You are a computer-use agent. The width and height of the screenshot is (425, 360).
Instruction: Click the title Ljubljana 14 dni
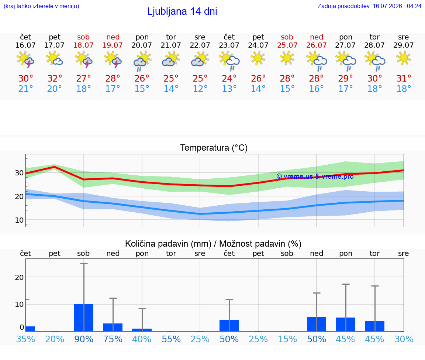(182, 11)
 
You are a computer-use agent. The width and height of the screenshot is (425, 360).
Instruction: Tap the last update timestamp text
(369, 6)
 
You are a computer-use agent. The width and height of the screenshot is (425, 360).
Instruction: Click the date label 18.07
(83, 45)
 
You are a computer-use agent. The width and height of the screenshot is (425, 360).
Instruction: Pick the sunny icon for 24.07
(258, 58)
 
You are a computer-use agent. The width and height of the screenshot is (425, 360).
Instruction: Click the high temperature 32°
(55, 78)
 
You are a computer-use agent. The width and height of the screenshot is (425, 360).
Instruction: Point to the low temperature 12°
(200, 89)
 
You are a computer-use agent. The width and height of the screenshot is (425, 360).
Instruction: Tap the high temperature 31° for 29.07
(404, 78)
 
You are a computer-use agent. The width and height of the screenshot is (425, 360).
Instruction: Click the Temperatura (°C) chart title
(214, 148)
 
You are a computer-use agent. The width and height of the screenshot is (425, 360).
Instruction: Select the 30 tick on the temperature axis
(19, 173)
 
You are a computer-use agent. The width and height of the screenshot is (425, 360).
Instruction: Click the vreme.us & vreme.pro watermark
(315, 176)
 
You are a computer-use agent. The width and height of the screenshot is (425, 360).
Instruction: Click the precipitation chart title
(213, 244)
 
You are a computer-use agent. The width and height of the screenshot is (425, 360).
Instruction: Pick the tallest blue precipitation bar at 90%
(84, 318)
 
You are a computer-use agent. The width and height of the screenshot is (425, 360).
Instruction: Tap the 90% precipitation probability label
(84, 339)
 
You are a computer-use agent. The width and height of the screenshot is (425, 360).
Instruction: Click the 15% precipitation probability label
(287, 339)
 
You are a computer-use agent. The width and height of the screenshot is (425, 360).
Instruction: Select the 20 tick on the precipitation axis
(19, 277)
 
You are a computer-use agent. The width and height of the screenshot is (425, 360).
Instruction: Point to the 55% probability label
(171, 339)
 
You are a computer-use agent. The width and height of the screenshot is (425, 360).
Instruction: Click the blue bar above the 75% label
(113, 327)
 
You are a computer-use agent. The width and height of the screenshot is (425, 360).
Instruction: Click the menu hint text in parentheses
(41, 6)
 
